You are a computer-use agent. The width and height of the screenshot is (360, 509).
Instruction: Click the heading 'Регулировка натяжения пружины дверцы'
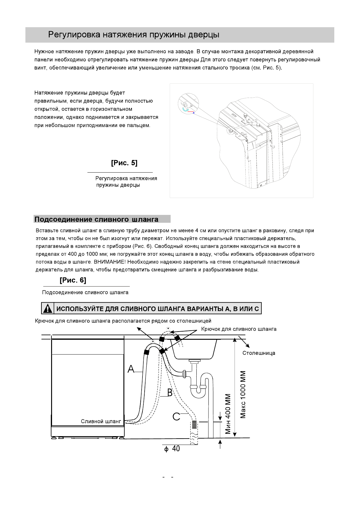click(x=134, y=35)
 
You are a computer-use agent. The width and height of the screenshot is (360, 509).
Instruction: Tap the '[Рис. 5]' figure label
click(x=124, y=163)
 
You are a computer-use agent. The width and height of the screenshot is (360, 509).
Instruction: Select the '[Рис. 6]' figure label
click(x=73, y=280)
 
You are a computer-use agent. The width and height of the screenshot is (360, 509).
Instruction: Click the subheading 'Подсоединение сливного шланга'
click(x=96, y=219)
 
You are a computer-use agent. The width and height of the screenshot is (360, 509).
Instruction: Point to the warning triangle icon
click(x=47, y=309)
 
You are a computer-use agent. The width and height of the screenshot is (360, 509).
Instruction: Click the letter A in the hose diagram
click(x=131, y=369)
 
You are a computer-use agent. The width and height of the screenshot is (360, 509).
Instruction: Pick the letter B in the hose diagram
click(x=170, y=393)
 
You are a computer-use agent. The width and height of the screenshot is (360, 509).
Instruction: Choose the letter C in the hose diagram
click(x=176, y=417)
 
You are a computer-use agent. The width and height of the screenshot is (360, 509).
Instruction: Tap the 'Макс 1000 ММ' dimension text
click(x=244, y=395)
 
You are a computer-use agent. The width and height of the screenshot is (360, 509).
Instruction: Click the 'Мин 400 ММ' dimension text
click(x=228, y=413)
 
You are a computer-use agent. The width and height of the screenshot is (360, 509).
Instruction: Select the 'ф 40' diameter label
click(x=172, y=449)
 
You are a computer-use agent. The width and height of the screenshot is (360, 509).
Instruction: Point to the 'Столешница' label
click(x=259, y=353)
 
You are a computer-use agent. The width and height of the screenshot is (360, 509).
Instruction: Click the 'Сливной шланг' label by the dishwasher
click(x=101, y=421)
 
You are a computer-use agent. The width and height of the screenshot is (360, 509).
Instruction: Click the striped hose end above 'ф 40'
click(x=194, y=425)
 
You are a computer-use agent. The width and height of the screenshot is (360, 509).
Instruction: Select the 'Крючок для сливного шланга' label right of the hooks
click(x=239, y=329)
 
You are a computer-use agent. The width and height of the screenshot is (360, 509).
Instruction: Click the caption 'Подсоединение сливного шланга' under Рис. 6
click(x=85, y=292)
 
